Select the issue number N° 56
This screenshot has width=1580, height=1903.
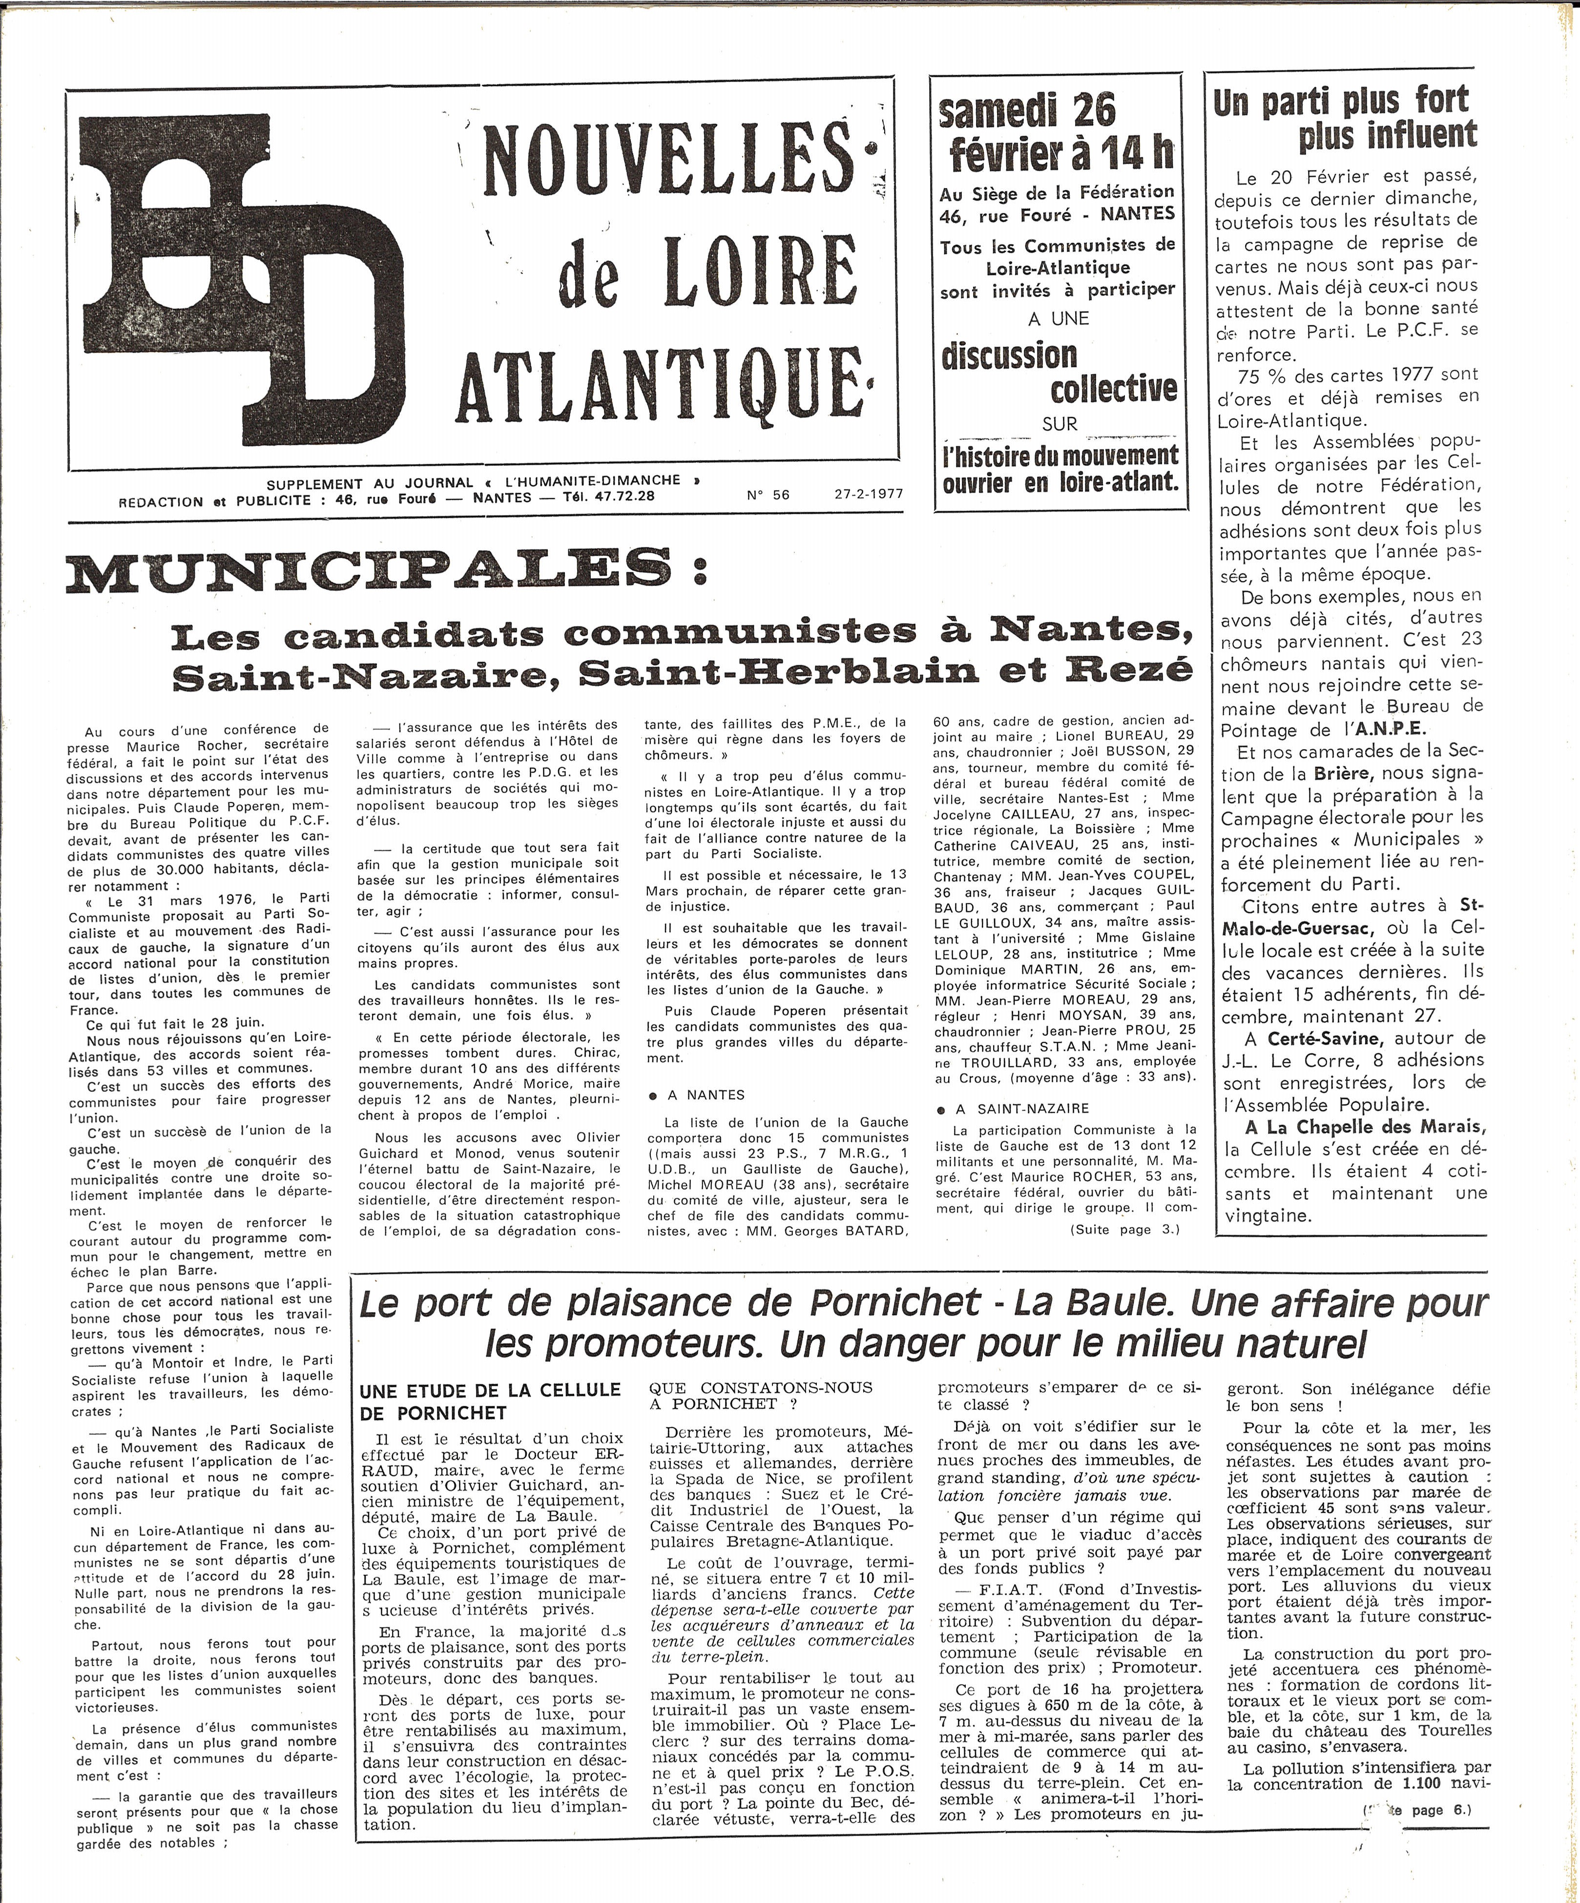(768, 494)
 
